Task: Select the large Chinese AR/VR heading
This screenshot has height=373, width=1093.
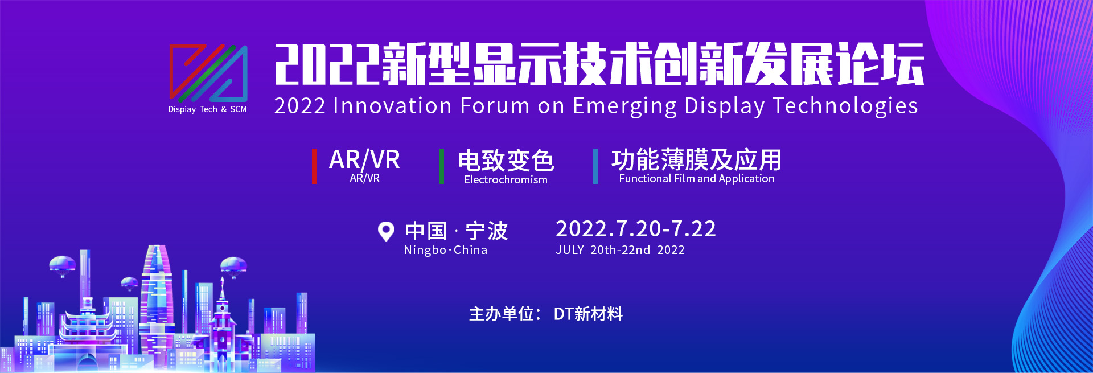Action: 364,159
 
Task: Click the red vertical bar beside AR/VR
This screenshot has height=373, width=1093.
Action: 314,166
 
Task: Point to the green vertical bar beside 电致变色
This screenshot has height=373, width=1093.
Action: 441,166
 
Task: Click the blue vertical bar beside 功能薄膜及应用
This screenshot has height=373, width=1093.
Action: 595,166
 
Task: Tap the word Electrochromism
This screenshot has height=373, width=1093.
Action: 506,180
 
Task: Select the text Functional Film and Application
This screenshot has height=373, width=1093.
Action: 697,179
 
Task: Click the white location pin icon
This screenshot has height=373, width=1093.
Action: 386,231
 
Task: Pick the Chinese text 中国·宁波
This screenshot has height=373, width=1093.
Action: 456,231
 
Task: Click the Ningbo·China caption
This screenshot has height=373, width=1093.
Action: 446,250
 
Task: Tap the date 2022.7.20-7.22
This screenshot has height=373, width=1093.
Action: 635,229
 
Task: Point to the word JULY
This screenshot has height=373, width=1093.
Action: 570,250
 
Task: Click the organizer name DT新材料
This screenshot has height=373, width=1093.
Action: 588,314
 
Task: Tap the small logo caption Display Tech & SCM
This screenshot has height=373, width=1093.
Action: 207,109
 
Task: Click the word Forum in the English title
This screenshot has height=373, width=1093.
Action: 495,106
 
